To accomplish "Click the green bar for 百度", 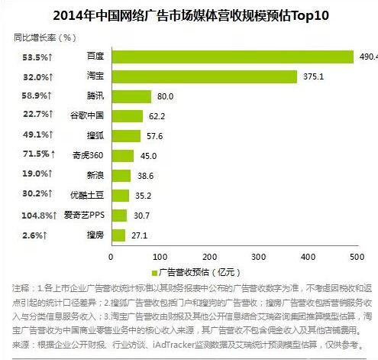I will (233, 57).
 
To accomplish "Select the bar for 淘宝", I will (204, 76).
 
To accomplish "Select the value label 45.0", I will (149, 156).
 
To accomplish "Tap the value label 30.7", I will (142, 216).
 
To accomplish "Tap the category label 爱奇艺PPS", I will (85, 216).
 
